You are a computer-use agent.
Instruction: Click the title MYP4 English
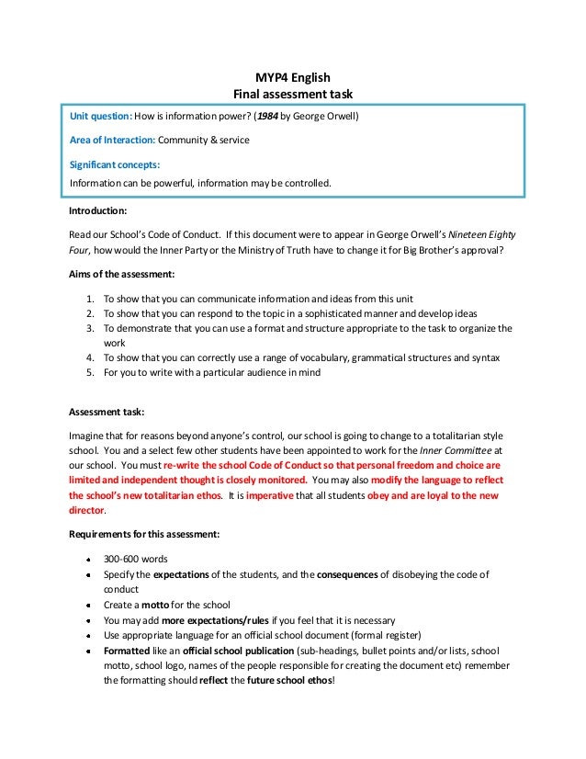(x=292, y=77)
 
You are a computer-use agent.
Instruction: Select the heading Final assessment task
(x=292, y=94)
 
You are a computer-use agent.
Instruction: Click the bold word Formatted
(x=130, y=651)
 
